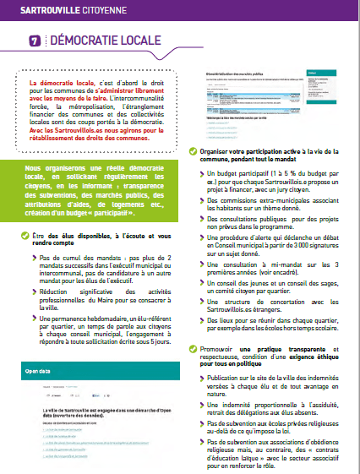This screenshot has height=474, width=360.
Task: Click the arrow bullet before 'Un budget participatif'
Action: [x=201, y=172]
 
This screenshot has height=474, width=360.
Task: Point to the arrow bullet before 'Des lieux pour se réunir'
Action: [x=201, y=320]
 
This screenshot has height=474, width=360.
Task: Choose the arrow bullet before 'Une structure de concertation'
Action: [x=201, y=302]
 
